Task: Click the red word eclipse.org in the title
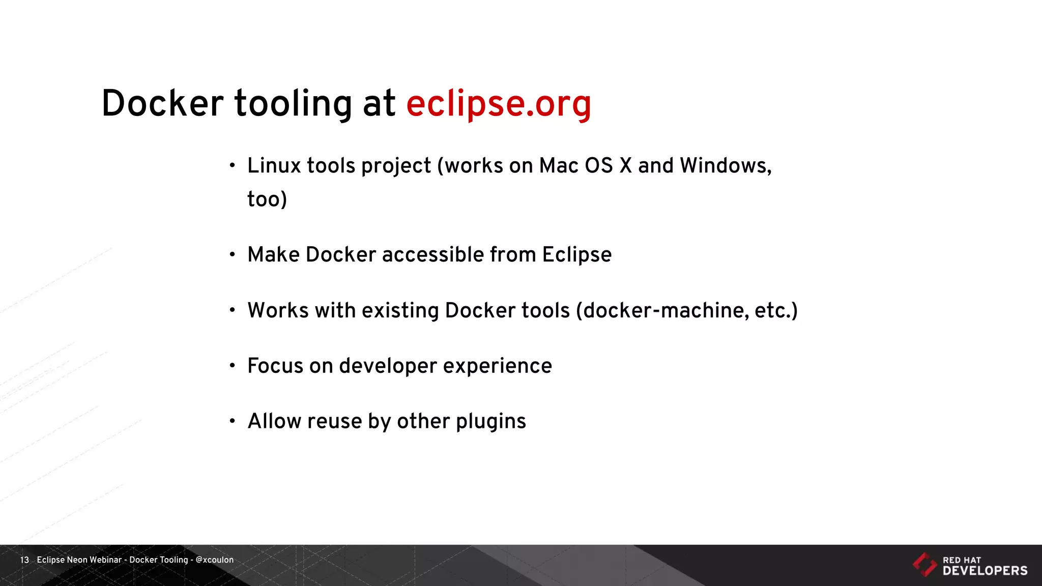[499, 104]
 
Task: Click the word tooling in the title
[293, 104]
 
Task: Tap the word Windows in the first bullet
[726, 166]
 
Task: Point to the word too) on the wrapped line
[267, 199]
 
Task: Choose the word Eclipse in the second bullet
[576, 254]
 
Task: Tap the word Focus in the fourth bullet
[275, 366]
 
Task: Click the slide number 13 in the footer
[24, 560]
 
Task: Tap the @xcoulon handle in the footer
[214, 560]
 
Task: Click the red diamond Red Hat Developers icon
[924, 565]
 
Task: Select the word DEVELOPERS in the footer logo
[985, 571]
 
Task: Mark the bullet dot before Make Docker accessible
[233, 254]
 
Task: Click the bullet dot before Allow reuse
[233, 421]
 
